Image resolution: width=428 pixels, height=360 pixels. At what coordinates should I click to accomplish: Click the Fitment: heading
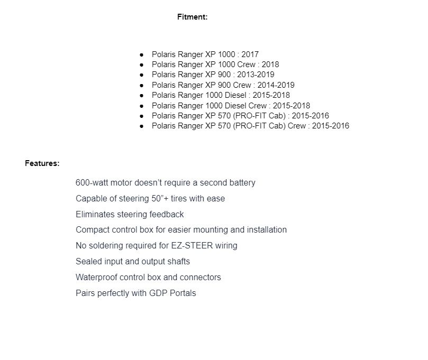point(192,17)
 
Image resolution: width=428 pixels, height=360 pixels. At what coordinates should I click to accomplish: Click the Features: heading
point(42,163)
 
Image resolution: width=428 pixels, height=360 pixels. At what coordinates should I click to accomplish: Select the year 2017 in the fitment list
point(250,54)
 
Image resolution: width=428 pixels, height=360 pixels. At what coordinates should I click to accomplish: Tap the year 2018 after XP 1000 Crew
point(270,64)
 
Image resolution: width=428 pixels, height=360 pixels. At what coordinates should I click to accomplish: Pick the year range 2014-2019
point(276,85)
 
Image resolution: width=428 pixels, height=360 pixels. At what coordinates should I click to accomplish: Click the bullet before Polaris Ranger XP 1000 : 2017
point(142,54)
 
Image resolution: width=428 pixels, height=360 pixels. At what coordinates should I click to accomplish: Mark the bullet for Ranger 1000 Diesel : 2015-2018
point(142,95)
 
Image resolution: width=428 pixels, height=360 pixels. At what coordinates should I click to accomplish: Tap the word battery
point(242,183)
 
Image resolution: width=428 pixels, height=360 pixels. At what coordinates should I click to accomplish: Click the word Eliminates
point(96,215)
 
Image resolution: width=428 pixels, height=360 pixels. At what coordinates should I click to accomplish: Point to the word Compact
point(91,230)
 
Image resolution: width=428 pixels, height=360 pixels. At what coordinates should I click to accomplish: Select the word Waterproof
point(96,278)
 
